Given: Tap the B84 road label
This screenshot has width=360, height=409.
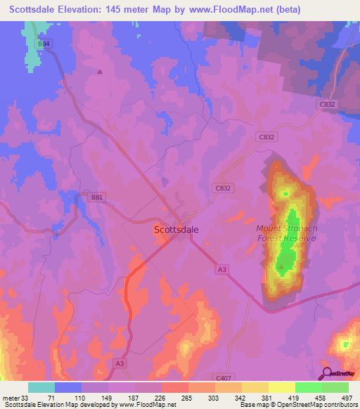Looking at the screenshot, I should pos(45,44).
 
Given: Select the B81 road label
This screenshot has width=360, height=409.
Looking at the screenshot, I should pos(97,197).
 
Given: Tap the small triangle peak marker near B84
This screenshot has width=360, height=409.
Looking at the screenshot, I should pos(99,71).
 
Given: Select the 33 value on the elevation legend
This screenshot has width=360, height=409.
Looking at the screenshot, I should pos(25,398).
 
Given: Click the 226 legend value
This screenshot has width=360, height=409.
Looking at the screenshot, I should pos(160,398).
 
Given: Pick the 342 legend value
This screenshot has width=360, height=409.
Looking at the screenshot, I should pos(241,398).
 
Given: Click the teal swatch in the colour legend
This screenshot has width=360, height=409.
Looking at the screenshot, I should pos(41,387).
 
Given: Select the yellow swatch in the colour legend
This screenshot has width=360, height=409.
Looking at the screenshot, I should pos(282,387).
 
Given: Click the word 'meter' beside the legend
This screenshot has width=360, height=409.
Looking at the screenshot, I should pos(10,398).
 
